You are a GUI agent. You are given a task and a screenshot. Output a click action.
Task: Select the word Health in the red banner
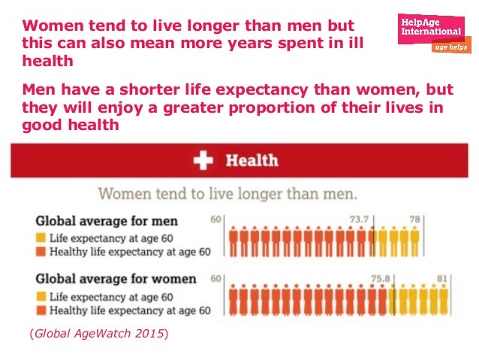(252, 160)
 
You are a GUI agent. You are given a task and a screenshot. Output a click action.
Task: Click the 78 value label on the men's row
(414, 219)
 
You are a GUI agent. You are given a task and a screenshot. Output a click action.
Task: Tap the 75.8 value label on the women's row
(382, 278)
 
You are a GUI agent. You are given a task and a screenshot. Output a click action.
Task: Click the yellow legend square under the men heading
(41, 237)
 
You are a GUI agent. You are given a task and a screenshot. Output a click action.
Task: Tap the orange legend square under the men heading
(41, 252)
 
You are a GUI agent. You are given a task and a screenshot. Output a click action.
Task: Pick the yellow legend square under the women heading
(41, 295)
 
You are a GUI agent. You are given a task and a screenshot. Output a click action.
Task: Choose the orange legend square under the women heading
(41, 310)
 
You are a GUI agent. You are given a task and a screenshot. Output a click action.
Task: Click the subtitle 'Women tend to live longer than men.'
(227, 193)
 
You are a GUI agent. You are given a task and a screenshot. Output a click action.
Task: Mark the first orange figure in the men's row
(233, 242)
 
